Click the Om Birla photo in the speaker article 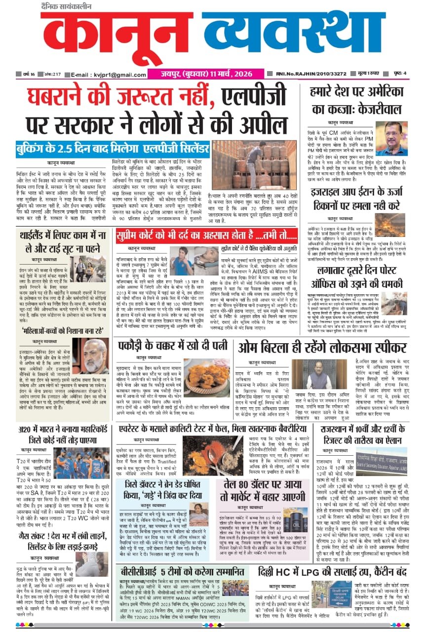tap(312, 375)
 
